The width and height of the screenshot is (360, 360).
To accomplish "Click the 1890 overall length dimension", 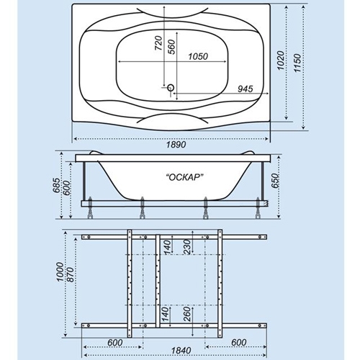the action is pyautogui.click(x=176, y=145).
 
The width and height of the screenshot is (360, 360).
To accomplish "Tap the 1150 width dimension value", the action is pyautogui.click(x=297, y=63).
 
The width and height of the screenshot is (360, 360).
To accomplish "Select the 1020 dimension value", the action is pyautogui.click(x=281, y=60).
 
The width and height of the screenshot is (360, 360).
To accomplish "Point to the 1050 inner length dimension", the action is pyautogui.click(x=198, y=57).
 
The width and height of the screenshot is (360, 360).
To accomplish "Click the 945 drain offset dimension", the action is pyautogui.click(x=246, y=89).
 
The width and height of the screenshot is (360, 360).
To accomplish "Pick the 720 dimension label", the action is pyautogui.click(x=158, y=43).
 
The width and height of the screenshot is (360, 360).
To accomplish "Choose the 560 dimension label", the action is pyautogui.click(x=172, y=47).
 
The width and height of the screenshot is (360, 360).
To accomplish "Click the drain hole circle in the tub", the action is pyautogui.click(x=171, y=88).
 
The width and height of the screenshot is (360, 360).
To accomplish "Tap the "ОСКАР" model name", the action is pyautogui.click(x=185, y=177).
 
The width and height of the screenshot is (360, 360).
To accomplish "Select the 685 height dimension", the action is pyautogui.click(x=56, y=185).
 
